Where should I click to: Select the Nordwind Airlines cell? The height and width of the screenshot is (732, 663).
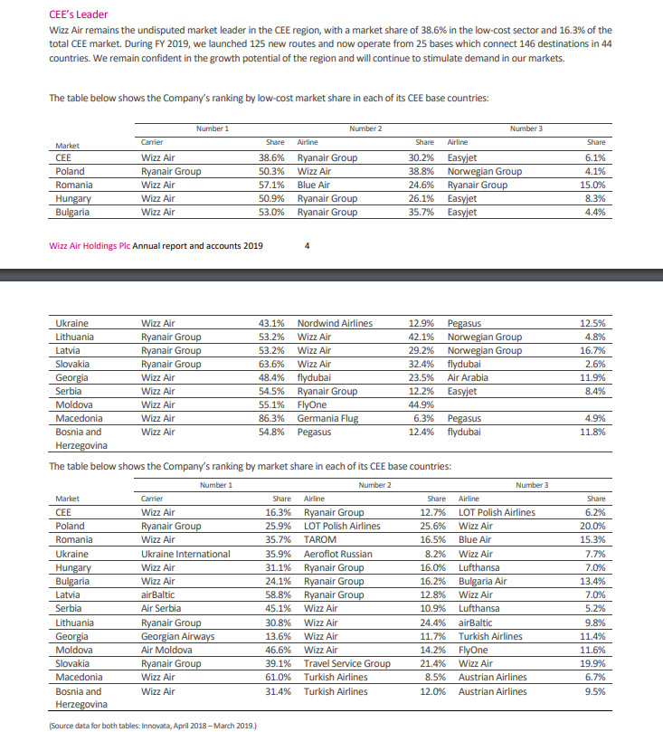point(335,323)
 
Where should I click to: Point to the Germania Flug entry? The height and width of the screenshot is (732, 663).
point(327,419)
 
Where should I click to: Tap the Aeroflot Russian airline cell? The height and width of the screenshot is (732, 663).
point(337,554)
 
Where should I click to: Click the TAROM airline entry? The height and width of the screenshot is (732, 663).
point(320,540)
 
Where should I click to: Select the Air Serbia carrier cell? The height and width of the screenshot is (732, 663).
point(162,609)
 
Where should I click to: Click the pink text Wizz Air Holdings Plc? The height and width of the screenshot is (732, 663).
point(90,245)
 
